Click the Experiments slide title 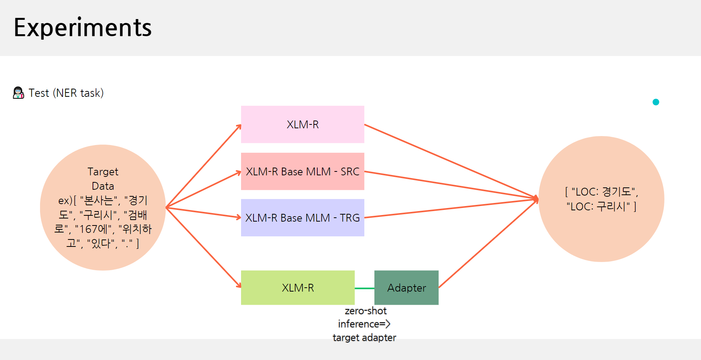(82, 28)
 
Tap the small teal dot (656, 102)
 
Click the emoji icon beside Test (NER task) (18, 93)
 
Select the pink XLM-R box (302, 124)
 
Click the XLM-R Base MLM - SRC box (302, 171)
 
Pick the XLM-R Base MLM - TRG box (302, 218)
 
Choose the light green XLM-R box (298, 288)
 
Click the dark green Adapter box (406, 288)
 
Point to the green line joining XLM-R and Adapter (364, 288)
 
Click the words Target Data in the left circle (103, 179)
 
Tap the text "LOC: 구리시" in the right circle (598, 206)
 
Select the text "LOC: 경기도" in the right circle (603, 192)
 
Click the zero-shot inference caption (364, 324)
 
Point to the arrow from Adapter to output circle (488, 243)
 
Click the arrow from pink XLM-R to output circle (451, 161)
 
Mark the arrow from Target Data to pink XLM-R (203, 166)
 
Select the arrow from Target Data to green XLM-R (203, 248)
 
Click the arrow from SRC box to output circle (451, 185)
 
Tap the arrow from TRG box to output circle (451, 208)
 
